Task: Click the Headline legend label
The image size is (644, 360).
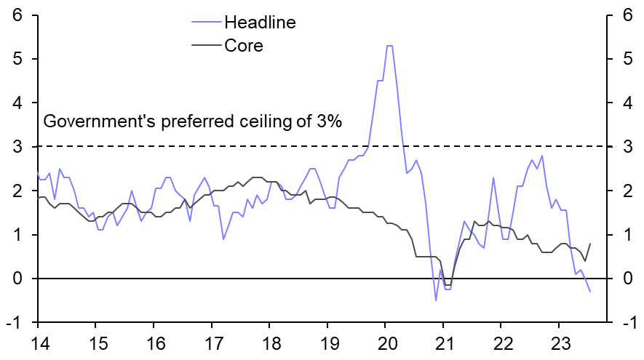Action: [260, 23]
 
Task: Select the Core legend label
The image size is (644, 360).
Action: [243, 45]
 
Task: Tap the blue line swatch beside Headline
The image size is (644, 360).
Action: [204, 23]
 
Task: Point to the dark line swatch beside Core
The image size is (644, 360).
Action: [204, 45]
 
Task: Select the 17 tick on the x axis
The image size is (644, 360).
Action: [211, 341]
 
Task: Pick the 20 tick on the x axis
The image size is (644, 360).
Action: [386, 341]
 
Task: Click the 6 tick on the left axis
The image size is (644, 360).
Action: [15, 15]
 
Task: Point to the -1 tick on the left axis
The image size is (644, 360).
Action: [13, 323]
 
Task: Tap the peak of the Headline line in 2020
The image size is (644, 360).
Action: [389, 46]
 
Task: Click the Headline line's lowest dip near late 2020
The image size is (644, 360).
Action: [436, 300]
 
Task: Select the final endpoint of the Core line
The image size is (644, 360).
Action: [589, 244]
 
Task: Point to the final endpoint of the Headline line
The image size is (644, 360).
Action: [590, 292]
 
